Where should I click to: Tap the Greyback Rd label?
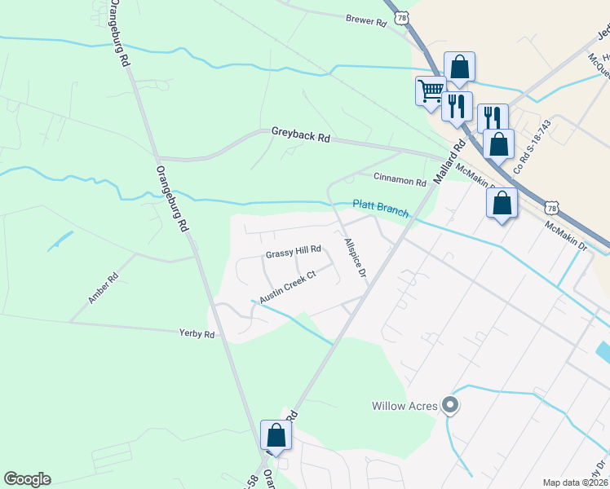tap(300, 137)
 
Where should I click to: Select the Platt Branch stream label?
tap(380, 208)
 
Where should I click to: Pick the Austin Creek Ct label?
tap(287, 287)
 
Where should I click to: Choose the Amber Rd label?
tap(104, 289)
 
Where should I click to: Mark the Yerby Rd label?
tap(197, 333)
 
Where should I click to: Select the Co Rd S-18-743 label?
tap(533, 147)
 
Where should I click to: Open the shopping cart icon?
tap(430, 90)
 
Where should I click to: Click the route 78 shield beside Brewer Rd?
tap(400, 16)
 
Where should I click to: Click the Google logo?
tap(27, 479)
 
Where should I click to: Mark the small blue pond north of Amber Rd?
tap(60, 241)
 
